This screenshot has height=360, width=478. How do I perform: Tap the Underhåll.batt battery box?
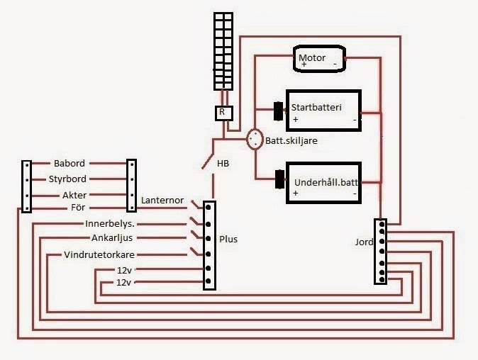tap(323, 184)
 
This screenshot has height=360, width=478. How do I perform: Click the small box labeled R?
tap(222, 112)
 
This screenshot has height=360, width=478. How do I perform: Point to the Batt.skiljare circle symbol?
tap(255, 140)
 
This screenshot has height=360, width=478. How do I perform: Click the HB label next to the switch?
tap(223, 164)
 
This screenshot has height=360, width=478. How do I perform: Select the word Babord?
tap(68, 163)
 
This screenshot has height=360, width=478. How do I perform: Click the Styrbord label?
tap(67, 179)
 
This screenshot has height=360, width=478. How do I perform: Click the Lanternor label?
tap(162, 201)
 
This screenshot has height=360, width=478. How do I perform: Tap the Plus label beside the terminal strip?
tap(228, 240)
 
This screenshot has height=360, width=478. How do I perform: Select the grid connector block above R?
tap(223, 52)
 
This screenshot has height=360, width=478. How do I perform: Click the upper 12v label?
tap(126, 270)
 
